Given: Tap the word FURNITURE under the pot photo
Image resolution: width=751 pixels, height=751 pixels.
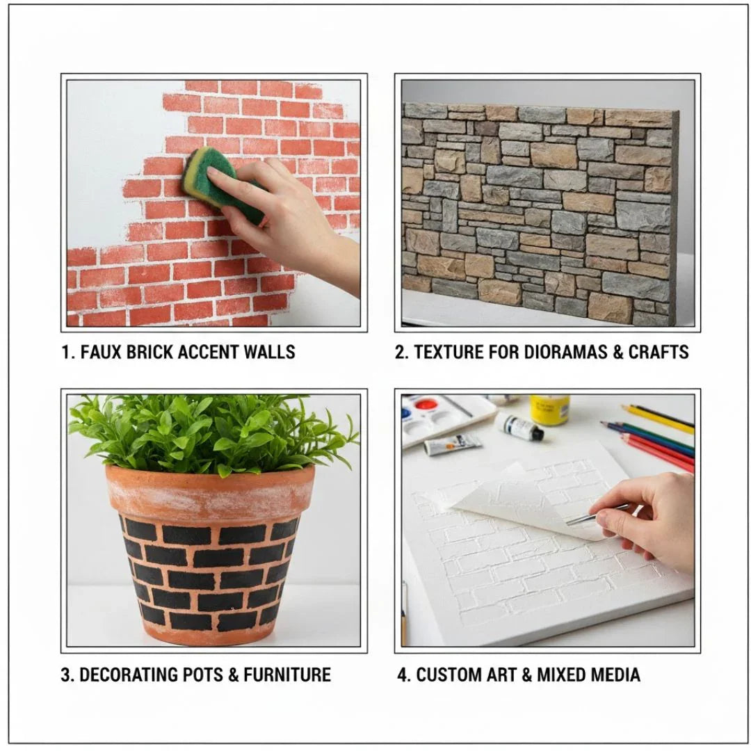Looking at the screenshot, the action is pyautogui.click(x=287, y=675).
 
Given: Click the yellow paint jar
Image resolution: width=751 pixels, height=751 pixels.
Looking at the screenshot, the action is pyautogui.click(x=549, y=410).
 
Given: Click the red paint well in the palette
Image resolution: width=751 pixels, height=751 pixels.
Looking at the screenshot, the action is pyautogui.click(x=426, y=405).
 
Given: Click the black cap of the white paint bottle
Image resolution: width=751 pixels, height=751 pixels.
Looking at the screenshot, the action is pyautogui.click(x=537, y=434).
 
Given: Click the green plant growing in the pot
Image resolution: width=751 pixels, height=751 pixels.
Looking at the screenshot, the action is pyautogui.click(x=211, y=433).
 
